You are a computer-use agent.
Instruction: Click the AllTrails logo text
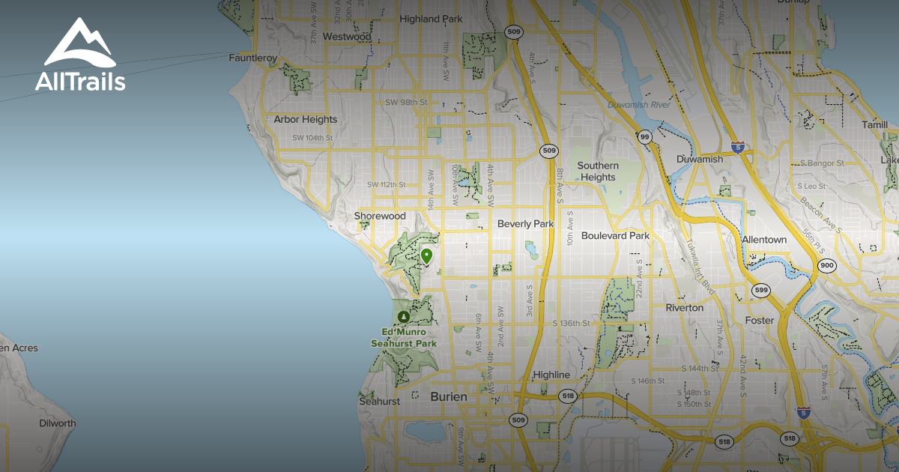pyautogui.click(x=80, y=82)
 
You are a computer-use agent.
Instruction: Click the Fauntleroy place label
pyautogui.click(x=252, y=58)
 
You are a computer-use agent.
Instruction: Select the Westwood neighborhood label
pyautogui.click(x=347, y=36)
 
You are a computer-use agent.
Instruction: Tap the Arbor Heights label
pyautogui.click(x=305, y=119)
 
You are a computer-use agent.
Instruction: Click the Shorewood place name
pyautogui.click(x=380, y=216)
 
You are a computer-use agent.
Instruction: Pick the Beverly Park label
pyautogui.click(x=525, y=224)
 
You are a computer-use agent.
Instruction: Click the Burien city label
pyautogui.click(x=449, y=396)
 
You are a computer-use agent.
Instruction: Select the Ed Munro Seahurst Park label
pyautogui.click(x=404, y=338)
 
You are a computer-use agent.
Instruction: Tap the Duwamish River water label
pyautogui.click(x=639, y=105)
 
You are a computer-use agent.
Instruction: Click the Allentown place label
pyautogui.click(x=764, y=240)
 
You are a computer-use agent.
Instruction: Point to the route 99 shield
pyautogui.click(x=644, y=136)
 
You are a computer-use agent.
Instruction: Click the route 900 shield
pyautogui.click(x=827, y=265)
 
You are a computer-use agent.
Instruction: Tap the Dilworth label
pyautogui.click(x=58, y=423)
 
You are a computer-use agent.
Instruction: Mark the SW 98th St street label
pyautogui.click(x=406, y=102)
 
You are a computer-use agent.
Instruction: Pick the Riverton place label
pyautogui.click(x=685, y=307)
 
